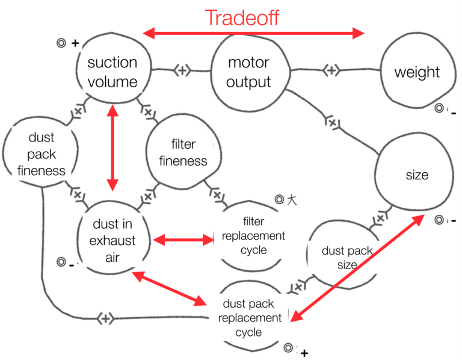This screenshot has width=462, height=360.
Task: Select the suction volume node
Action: coord(112,72)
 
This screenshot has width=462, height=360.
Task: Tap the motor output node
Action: coord(248,72)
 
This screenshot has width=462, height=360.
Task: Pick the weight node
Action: coord(417,73)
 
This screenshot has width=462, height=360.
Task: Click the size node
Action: coord(417,175)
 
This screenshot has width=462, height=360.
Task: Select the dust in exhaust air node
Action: coord(114,241)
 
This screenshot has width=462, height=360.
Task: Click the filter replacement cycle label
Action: coord(253,235)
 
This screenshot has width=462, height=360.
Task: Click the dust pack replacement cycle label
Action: coord(251,318)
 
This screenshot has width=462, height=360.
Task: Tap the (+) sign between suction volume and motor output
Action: coord(182,70)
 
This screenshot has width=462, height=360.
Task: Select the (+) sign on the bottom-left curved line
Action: coord(105,318)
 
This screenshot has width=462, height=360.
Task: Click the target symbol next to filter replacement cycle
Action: coord(279,200)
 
